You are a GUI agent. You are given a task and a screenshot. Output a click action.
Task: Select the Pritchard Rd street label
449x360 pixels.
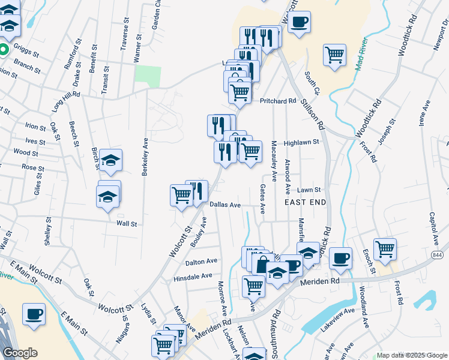point(279,101)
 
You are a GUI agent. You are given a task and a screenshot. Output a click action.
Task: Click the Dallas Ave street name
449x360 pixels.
point(226,205)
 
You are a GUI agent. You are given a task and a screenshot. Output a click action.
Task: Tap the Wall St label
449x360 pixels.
point(127,224)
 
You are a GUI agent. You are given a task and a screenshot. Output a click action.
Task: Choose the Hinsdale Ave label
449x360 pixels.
point(193,277)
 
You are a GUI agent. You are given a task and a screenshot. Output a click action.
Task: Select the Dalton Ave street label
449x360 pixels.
point(201,262)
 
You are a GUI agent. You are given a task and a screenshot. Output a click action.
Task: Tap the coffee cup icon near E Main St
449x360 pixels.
point(34,313)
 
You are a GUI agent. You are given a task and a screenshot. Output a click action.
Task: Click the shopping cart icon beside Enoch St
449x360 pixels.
point(384,248)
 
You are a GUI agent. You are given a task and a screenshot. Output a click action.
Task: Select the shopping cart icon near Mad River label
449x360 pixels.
point(334,55)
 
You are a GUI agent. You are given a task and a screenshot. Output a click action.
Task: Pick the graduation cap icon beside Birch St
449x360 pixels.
point(110,160)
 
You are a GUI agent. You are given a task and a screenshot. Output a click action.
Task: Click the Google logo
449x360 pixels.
point(20,353)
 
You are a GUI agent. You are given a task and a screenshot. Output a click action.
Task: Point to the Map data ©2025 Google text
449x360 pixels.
point(411,355)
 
